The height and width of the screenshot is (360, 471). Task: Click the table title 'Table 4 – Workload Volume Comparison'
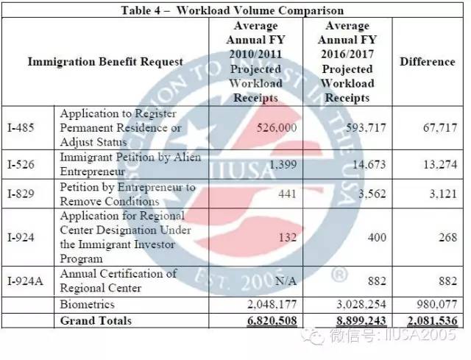click(233, 10)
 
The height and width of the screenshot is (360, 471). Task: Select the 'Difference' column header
click(428, 62)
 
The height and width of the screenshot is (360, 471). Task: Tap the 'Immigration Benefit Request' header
click(105, 62)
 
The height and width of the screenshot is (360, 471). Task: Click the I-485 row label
click(21, 127)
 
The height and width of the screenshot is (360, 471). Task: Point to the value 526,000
click(277, 127)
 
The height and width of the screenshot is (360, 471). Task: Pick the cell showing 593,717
click(366, 127)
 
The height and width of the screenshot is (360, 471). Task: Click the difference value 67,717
click(440, 127)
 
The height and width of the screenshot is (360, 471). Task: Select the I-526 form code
click(21, 164)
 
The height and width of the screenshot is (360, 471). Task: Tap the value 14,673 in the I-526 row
click(369, 164)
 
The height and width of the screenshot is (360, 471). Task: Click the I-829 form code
click(21, 194)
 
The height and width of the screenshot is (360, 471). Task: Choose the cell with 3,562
click(372, 194)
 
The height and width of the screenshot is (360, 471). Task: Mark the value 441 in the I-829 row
click(287, 194)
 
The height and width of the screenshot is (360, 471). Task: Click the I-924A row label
click(25, 281)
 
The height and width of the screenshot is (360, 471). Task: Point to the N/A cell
click(286, 281)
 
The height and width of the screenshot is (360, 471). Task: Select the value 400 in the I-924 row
click(377, 237)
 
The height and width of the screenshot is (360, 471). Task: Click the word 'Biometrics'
click(87, 304)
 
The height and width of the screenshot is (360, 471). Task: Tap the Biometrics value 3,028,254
click(361, 304)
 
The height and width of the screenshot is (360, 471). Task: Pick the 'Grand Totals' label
click(96, 321)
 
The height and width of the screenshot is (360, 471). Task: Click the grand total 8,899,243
click(361, 321)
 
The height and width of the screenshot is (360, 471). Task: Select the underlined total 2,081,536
click(433, 321)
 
